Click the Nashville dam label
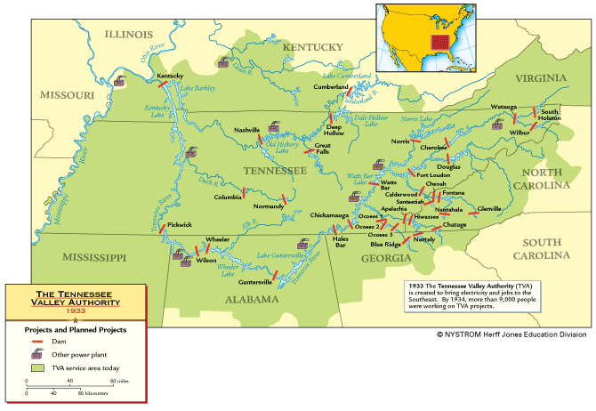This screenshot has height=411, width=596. tap(247, 130)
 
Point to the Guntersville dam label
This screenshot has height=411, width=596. tap(230, 281)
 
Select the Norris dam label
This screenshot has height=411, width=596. tap(400, 141)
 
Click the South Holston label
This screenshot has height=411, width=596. tap(550, 115)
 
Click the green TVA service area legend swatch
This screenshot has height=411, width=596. tap(37, 367)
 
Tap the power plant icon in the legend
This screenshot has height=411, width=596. tap(37, 353)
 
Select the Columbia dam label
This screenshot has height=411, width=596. tap(228, 197)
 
